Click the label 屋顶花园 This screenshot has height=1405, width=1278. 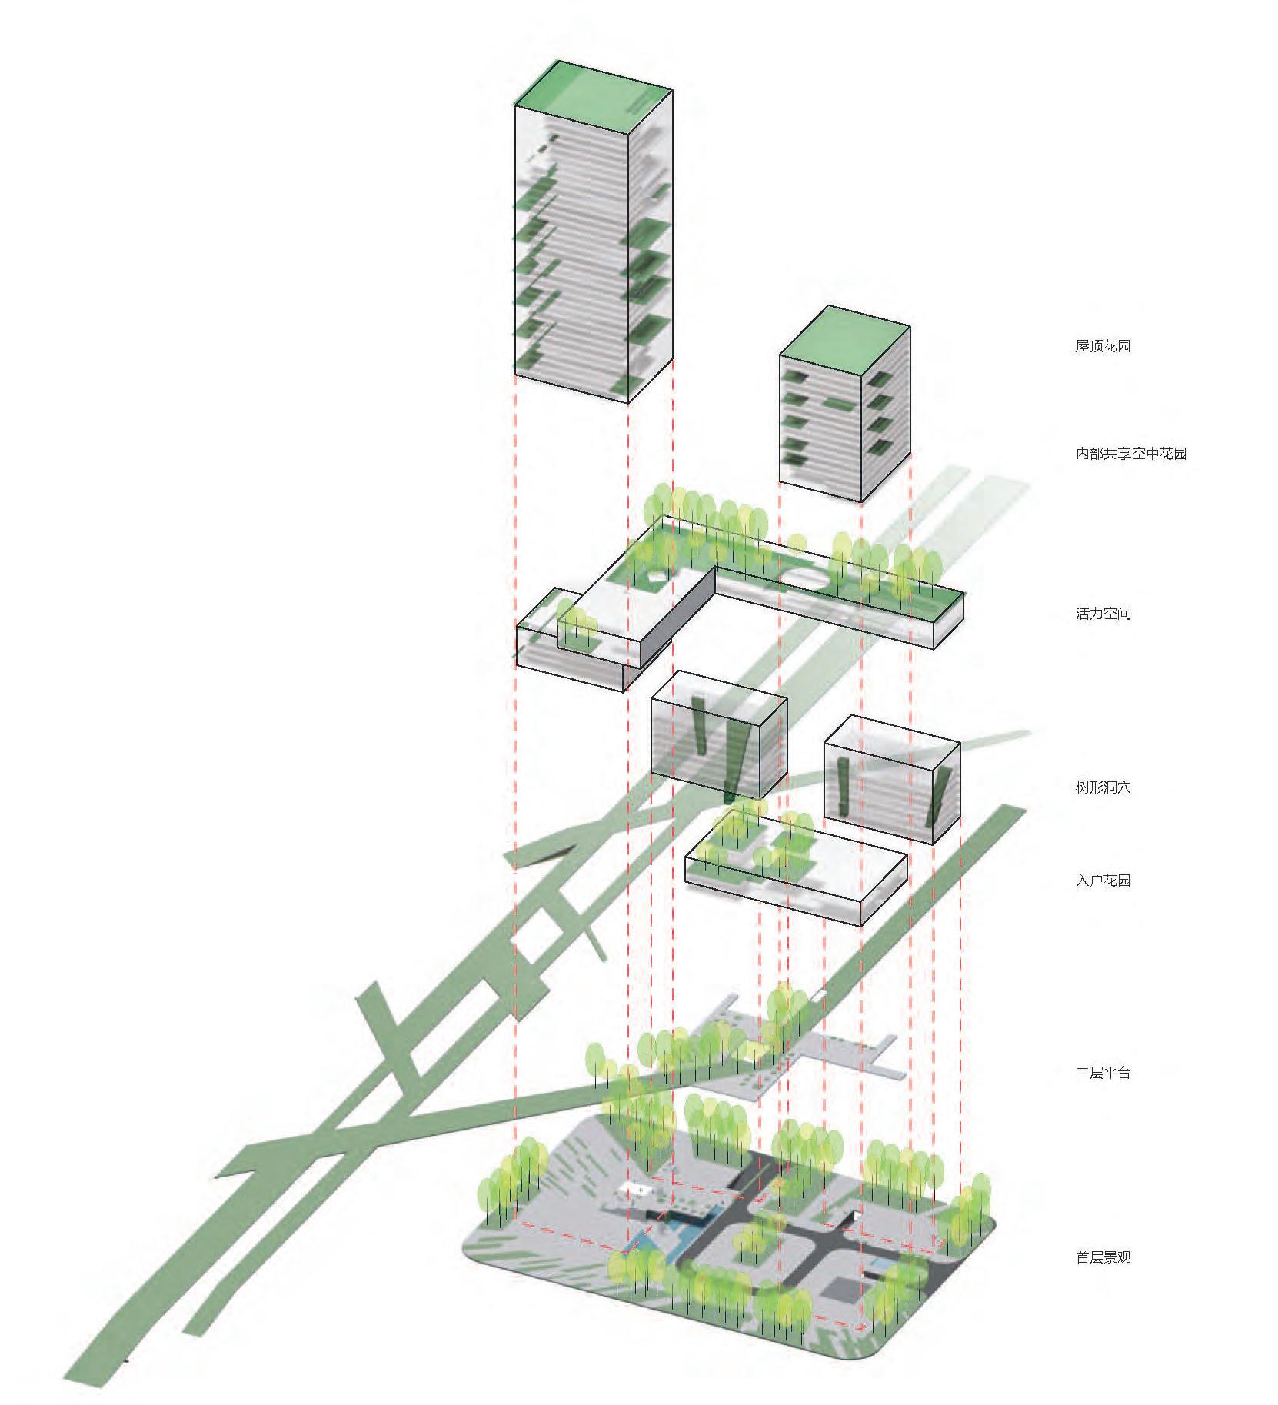coord(1102,346)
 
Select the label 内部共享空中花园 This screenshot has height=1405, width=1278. coord(1130,454)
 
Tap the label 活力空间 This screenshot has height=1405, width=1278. coord(1102,614)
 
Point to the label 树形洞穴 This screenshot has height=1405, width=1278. coord(1102,787)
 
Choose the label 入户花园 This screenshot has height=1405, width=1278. coord(1102,881)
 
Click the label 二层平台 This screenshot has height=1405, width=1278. coord(1102,1073)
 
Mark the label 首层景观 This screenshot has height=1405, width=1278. coord(1102,1258)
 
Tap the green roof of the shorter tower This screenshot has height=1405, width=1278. coord(844,338)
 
